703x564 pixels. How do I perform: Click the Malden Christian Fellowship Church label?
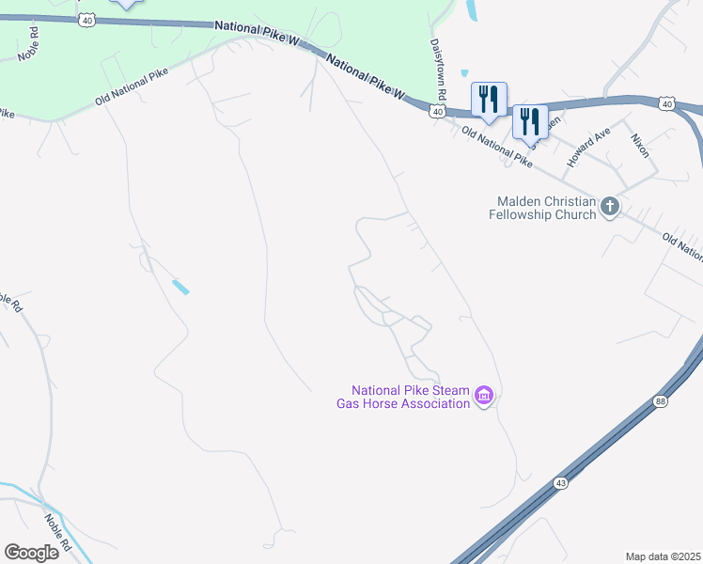click(x=542, y=208)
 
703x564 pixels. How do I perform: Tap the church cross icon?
click(x=610, y=207)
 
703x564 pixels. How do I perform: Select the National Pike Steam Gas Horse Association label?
click(x=409, y=397)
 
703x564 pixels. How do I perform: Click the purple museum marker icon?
click(x=484, y=396)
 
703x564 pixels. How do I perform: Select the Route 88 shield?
click(x=662, y=402)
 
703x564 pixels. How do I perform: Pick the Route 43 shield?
click(x=560, y=482)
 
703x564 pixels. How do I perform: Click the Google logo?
click(x=31, y=552)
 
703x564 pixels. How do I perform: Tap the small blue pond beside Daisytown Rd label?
click(x=463, y=73)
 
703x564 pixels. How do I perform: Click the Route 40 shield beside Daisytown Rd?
click(x=437, y=112)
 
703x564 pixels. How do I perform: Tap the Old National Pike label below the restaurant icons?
click(x=497, y=149)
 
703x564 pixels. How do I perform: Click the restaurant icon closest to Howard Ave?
click(x=530, y=121)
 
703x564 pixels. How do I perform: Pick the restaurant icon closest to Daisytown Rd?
click(x=489, y=99)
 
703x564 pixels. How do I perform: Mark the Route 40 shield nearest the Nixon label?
click(x=666, y=103)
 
